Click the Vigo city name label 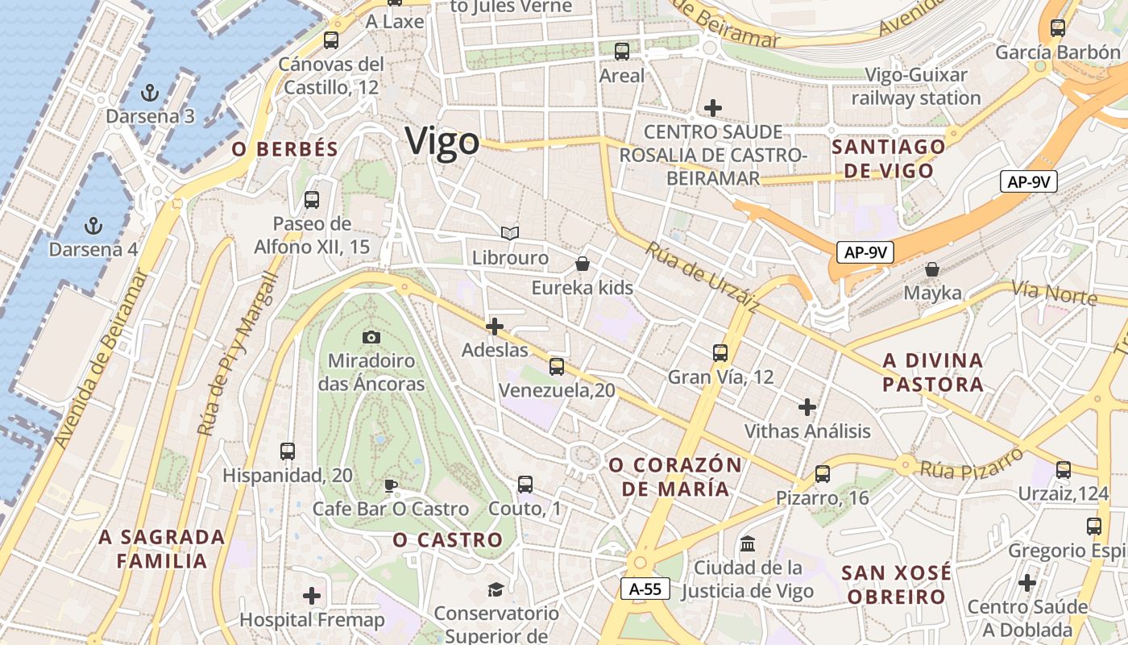click(x=442, y=142)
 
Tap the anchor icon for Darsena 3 click(x=149, y=91)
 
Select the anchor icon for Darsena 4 click(x=94, y=225)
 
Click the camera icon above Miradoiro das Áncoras click(x=371, y=337)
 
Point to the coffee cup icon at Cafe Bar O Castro click(x=390, y=485)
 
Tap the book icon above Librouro click(x=509, y=233)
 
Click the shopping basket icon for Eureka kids click(x=583, y=264)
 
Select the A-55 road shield click(x=645, y=589)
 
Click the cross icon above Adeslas click(x=495, y=327)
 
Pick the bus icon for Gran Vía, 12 click(x=720, y=352)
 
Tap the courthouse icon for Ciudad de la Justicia click(x=747, y=543)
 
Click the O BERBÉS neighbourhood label click(x=284, y=149)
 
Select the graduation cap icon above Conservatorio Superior click(x=495, y=590)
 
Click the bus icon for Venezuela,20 click(x=556, y=367)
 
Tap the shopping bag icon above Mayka click(x=932, y=268)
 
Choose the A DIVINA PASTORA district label click(x=933, y=372)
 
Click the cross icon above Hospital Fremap click(x=312, y=597)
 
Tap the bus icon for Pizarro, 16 click(x=822, y=473)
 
